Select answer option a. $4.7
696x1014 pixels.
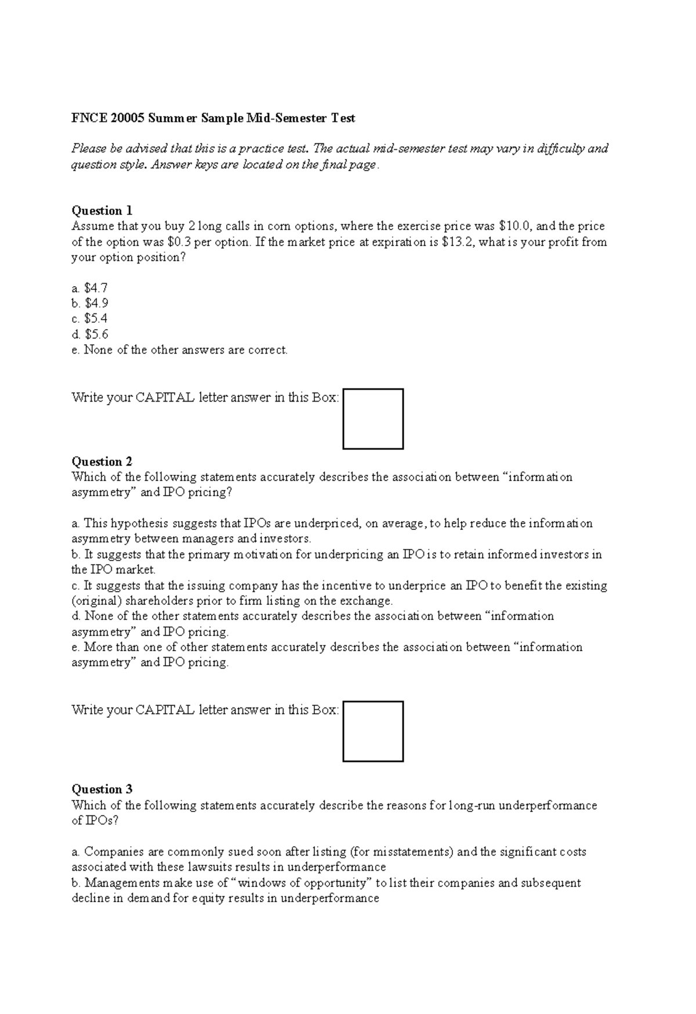90,288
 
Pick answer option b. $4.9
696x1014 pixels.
90,303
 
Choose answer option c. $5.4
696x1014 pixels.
90,319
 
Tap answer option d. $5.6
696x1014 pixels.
90,334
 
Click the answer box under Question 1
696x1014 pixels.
373,419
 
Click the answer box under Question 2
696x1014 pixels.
373,731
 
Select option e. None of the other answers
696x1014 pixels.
180,350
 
